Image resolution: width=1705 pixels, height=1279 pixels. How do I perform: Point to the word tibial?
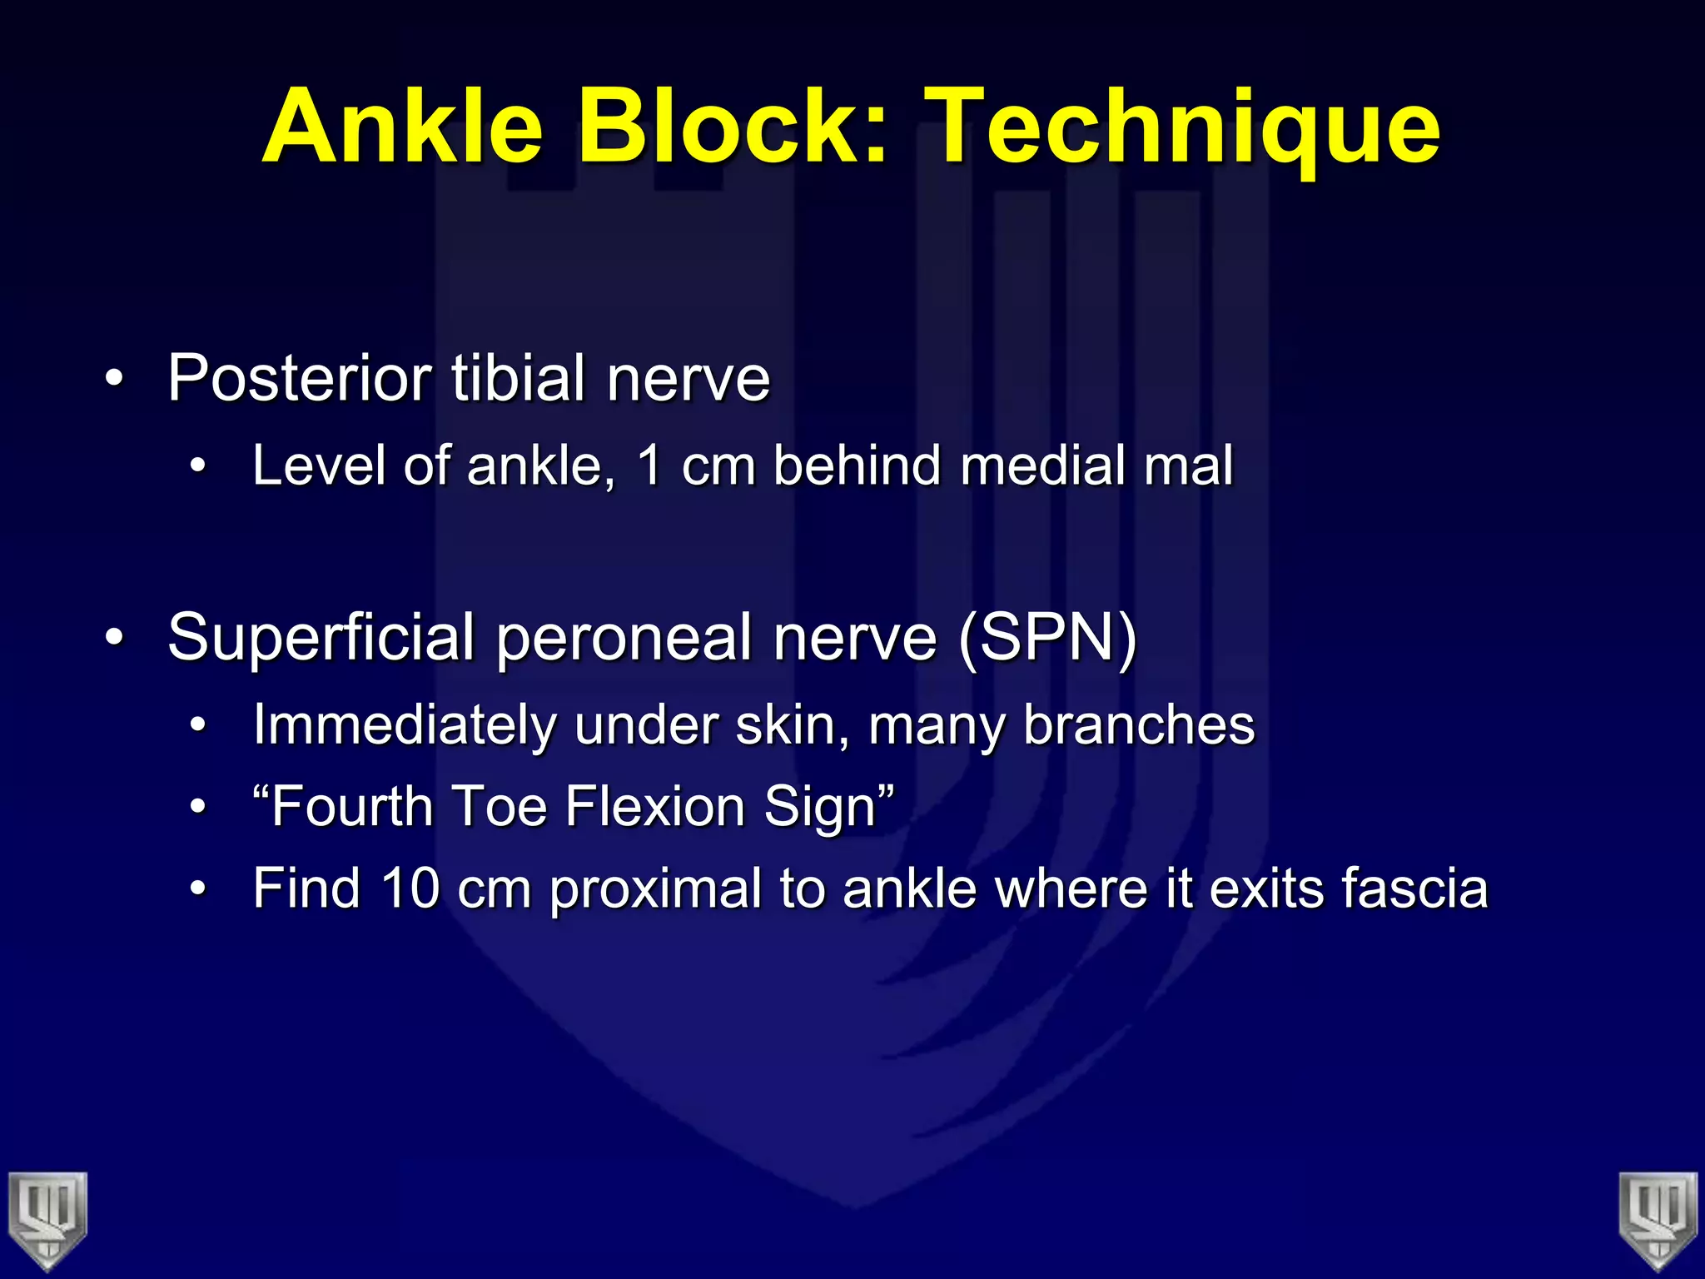click(518, 379)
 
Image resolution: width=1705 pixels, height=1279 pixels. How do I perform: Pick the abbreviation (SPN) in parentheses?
click(1047, 639)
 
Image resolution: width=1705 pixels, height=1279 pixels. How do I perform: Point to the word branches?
click(1138, 724)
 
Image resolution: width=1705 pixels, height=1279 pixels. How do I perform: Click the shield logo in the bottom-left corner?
click(47, 1220)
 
